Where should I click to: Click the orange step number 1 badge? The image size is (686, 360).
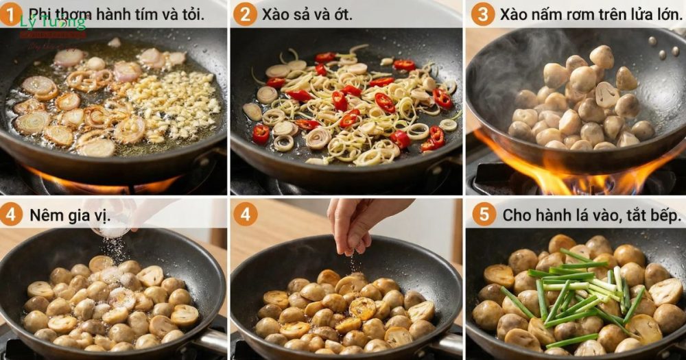(10, 13)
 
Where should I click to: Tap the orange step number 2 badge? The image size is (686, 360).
(245, 13)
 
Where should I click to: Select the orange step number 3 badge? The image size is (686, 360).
(482, 13)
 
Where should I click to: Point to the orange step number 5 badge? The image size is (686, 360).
(484, 214)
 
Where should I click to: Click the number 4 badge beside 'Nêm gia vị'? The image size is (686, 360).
(10, 214)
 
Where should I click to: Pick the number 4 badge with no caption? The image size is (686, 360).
(245, 214)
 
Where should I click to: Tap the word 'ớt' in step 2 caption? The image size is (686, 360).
(342, 14)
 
